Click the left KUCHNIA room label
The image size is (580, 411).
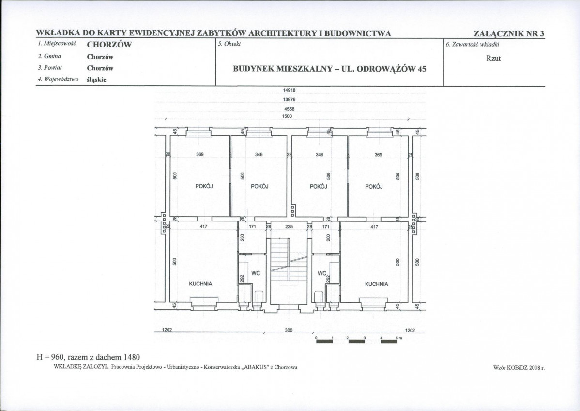click(x=200, y=284)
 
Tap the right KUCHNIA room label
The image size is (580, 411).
click(x=377, y=284)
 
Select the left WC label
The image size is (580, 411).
click(x=256, y=273)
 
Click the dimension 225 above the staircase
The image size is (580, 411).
click(x=289, y=227)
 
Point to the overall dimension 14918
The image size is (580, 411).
click(x=289, y=90)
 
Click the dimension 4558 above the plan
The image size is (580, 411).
click(x=289, y=109)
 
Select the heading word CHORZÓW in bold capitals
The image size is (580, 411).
click(x=109, y=45)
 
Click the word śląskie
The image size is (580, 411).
click(x=96, y=79)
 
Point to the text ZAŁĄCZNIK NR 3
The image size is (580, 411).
click(x=509, y=33)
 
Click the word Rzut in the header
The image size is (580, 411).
click(x=493, y=59)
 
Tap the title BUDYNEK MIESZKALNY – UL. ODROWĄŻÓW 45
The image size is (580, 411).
click(x=330, y=69)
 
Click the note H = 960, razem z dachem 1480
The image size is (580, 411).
click(x=88, y=357)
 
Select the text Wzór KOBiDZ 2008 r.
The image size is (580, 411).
click(x=519, y=368)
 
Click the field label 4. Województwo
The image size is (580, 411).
click(x=58, y=79)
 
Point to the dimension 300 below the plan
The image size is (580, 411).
click(x=289, y=330)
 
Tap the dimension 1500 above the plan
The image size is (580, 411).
click(x=288, y=116)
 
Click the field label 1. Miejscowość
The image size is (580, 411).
click(x=57, y=44)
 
